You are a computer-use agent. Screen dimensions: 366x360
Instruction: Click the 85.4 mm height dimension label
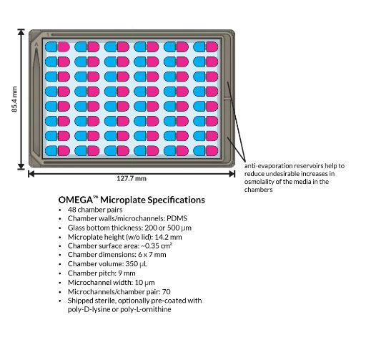[14, 99]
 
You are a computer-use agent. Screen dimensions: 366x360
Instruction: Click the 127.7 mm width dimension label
[132, 179]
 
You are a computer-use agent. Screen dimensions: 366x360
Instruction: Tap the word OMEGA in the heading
[76, 200]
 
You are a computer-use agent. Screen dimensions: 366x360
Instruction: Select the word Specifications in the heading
[176, 200]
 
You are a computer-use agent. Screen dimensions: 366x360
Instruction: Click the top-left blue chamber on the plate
[51, 47]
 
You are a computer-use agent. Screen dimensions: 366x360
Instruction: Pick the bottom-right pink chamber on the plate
[212, 151]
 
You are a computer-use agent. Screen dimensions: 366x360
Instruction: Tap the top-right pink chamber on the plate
[212, 47]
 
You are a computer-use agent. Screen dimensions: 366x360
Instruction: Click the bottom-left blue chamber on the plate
[51, 151]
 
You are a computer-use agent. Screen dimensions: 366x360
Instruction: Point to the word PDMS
[177, 218]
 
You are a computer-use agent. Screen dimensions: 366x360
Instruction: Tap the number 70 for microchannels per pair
[167, 292]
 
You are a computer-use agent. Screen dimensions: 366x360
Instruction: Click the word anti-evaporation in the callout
[269, 166]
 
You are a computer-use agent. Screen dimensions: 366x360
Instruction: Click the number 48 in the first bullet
[72, 210]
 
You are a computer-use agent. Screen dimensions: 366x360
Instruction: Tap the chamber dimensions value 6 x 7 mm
[152, 255]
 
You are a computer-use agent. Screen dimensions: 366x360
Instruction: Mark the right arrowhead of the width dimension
[232, 174]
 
